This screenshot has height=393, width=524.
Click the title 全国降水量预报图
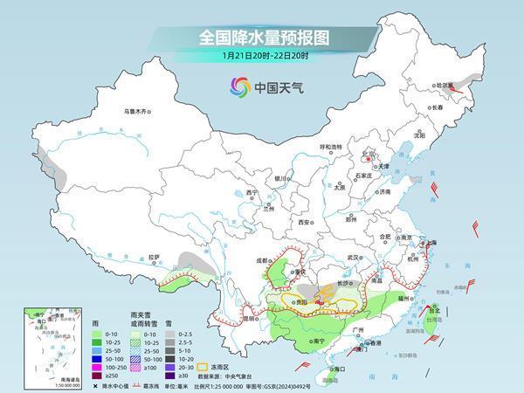pyautogui.click(x=262, y=38)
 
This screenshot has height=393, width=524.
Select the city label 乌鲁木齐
pyautogui.click(x=136, y=111)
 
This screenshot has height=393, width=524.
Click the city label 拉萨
pyautogui.click(x=154, y=257)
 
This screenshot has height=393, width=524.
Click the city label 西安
pyautogui.click(x=303, y=223)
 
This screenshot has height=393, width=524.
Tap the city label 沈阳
pyautogui.click(x=419, y=135)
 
